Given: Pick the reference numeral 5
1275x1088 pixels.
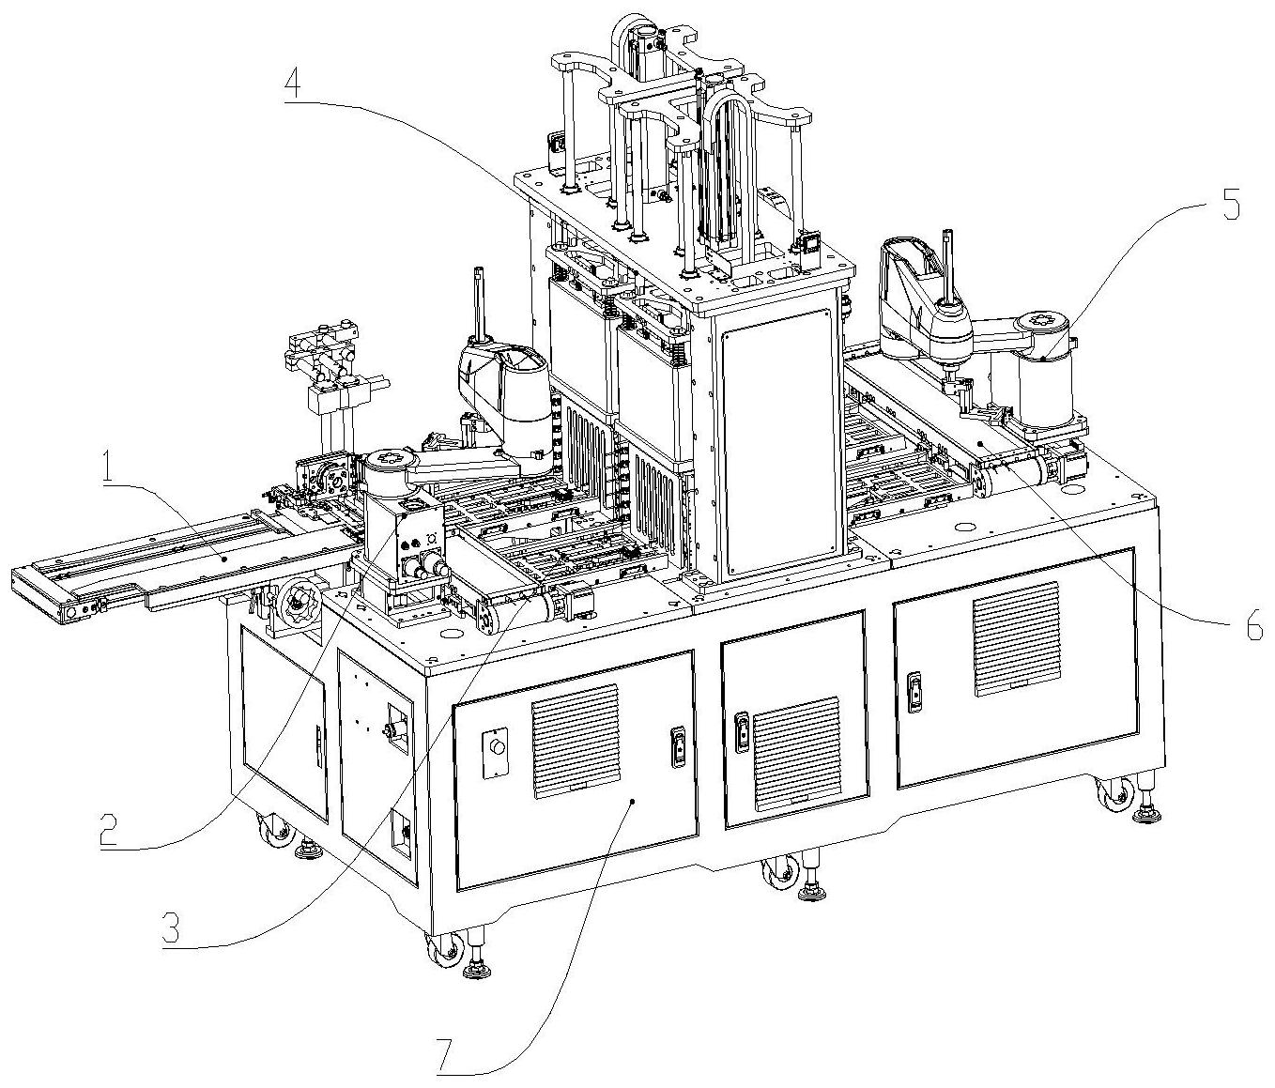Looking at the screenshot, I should click(1230, 205).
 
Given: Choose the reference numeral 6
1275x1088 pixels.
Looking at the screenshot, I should click(1254, 625).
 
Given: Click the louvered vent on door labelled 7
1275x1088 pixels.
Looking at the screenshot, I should click(576, 741).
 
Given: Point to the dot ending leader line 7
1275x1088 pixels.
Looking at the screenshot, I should click(635, 802).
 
